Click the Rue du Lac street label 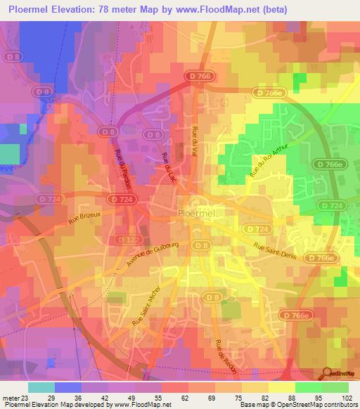pyautogui.click(x=168, y=168)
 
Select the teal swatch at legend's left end pyautogui.click(x=41, y=387)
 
